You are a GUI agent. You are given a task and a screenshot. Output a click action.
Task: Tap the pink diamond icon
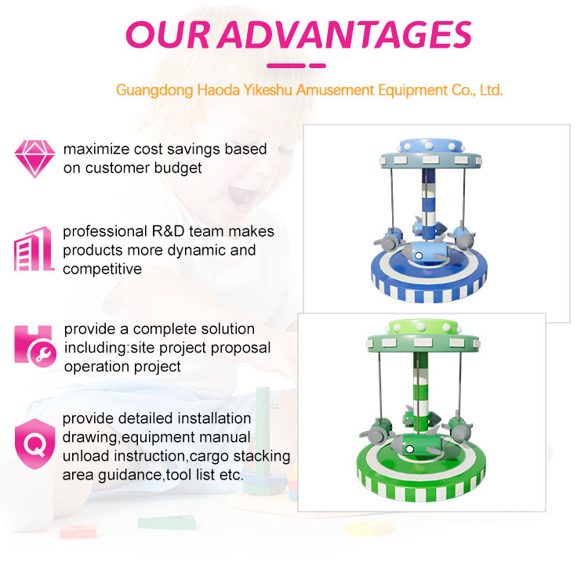tap(34, 159)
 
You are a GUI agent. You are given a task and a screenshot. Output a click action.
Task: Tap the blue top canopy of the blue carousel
tap(437, 149)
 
